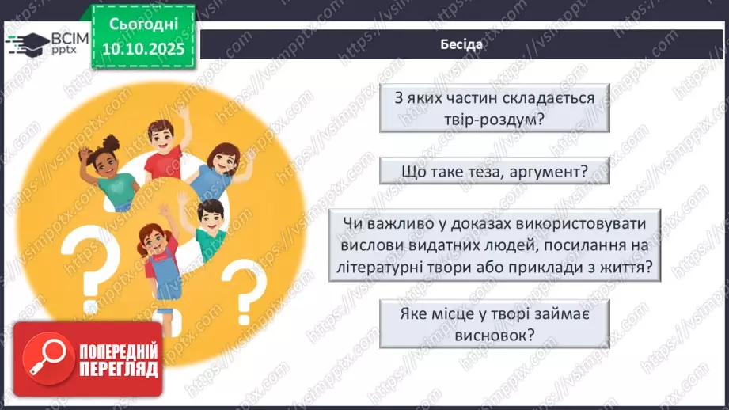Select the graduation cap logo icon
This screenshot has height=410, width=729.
tap(28, 44)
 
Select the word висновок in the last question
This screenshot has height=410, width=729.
tap(484, 336)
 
